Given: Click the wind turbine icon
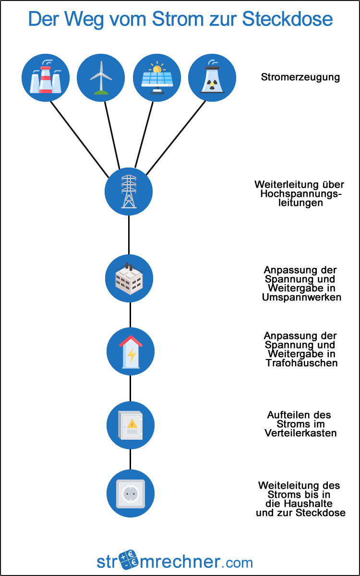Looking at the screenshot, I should [101, 77].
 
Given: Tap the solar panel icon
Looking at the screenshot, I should [156, 77].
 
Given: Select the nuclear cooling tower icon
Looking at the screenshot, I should [212, 77].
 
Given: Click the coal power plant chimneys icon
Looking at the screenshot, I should [46, 77].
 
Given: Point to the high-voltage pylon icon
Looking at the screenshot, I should [129, 191].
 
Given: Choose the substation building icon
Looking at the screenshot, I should [129, 278].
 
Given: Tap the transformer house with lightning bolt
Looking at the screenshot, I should [130, 351].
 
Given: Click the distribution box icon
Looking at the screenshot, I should [130, 425].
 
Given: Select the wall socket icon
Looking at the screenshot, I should [130, 493].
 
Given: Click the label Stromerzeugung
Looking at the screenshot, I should [300, 77].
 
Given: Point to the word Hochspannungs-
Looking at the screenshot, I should [301, 194].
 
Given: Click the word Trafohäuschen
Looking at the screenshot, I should [301, 363].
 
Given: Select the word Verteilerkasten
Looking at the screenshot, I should [300, 433].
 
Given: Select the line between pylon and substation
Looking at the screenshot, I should [129, 235].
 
